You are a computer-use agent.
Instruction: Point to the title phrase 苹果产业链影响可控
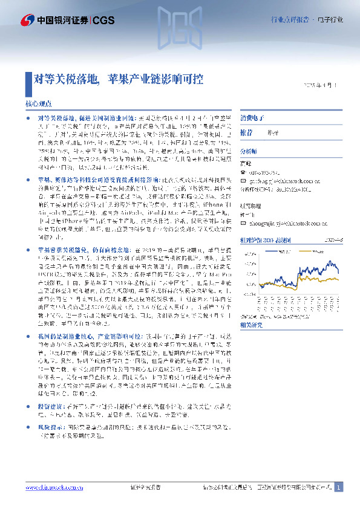[x=155, y=79]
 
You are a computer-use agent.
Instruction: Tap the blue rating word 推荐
[x=247, y=132]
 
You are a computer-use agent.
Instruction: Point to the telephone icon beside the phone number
[x=244, y=172]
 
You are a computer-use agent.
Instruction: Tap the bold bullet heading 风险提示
[x=50, y=392]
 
